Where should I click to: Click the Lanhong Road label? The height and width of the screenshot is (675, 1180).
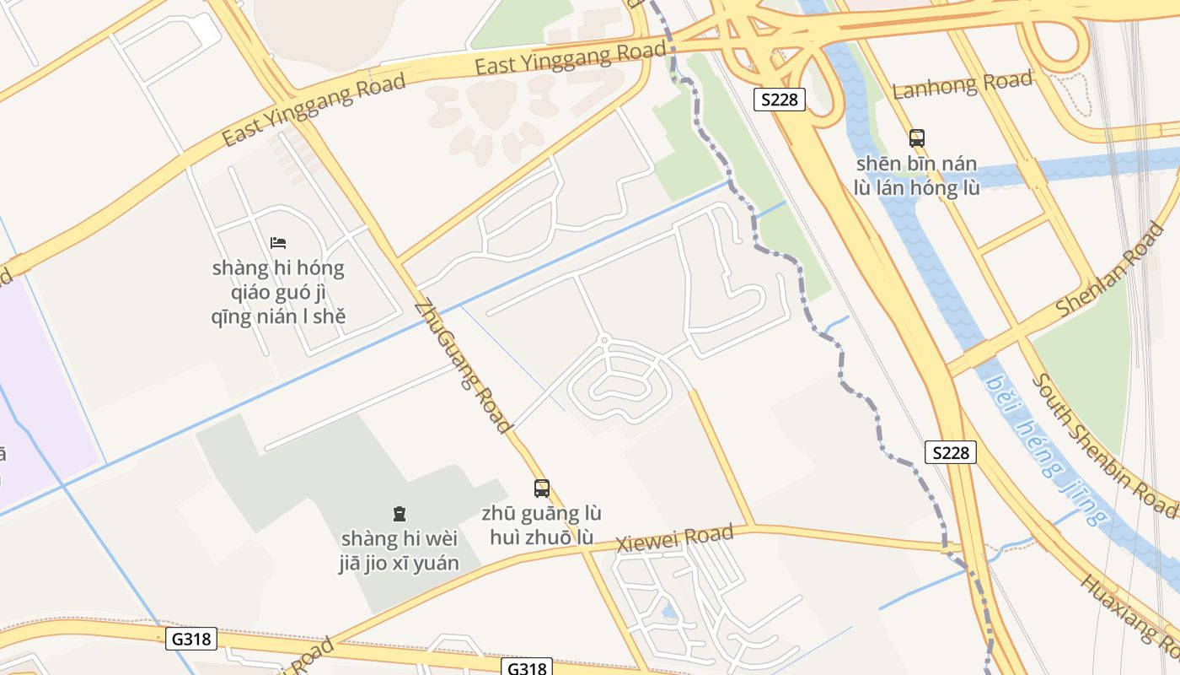tap(962, 84)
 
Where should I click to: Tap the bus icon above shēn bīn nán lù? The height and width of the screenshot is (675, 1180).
tap(917, 138)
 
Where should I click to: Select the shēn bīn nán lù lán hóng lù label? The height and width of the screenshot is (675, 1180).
tap(917, 175)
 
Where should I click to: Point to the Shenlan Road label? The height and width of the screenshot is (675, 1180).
tap(1110, 269)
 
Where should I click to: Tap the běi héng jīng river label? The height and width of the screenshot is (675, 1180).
tap(1046, 448)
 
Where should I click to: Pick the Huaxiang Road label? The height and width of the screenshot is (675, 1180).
tap(1129, 620)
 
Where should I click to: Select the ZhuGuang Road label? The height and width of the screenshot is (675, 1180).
tap(464, 367)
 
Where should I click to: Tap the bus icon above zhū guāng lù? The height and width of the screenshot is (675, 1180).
tap(541, 488)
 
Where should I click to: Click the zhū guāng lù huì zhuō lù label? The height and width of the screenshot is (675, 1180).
tap(541, 525)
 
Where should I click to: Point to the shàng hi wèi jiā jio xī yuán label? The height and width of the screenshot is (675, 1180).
tap(400, 550)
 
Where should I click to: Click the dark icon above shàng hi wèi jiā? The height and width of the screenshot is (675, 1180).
tap(400, 513)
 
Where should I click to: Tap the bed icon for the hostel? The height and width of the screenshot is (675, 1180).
tap(278, 243)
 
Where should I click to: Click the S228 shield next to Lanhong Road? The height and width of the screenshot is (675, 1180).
tap(779, 100)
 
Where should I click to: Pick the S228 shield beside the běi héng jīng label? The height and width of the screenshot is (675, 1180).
tap(951, 452)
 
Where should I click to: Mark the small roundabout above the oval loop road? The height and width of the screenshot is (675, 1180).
tap(603, 340)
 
